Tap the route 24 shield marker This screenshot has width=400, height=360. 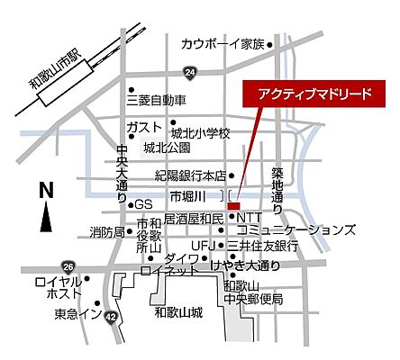tap(189, 71)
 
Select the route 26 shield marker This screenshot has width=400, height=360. tap(68, 267)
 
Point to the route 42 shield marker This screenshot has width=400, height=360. tap(111, 317)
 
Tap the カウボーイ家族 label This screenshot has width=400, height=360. tap(223, 43)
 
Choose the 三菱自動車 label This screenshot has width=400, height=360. tap(155, 99)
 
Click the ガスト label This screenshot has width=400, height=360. tap(144, 125)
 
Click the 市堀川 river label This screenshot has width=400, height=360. tap(188, 195)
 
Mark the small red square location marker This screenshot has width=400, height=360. tap(233, 205)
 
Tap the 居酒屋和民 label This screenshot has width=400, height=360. tap(193, 219)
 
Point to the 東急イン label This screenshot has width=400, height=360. tap(74, 314)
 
